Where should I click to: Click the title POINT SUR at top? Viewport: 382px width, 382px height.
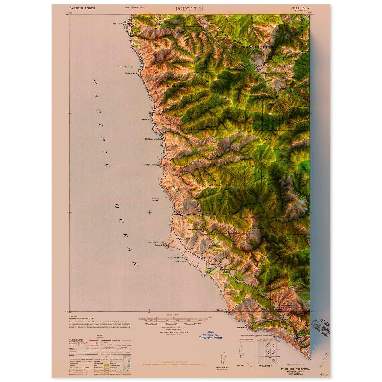[189, 9]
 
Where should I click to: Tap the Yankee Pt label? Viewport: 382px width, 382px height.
[117, 24]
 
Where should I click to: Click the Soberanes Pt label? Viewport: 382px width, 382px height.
[131, 73]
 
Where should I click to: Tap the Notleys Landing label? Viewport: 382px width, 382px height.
[153, 139]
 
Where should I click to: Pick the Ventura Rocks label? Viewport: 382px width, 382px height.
[155, 200]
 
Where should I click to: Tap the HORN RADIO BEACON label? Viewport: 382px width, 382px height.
[156, 242]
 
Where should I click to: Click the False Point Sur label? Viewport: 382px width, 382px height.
[176, 257]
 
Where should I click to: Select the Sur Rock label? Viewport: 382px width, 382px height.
[180, 261]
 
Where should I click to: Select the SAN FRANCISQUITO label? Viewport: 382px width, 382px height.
[251, 47]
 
